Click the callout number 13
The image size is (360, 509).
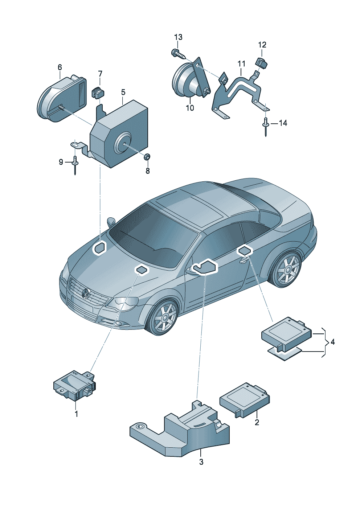coord(178,37)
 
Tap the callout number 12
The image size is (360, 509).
coord(262,45)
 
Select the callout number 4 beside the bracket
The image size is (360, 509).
coord(332,342)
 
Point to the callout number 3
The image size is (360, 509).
coord(201,462)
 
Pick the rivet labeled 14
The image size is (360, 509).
coord(266,126)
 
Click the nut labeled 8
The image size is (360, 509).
coord(147,157)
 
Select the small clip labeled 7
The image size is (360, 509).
coord(98,93)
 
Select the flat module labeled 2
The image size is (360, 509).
coord(244,399)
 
